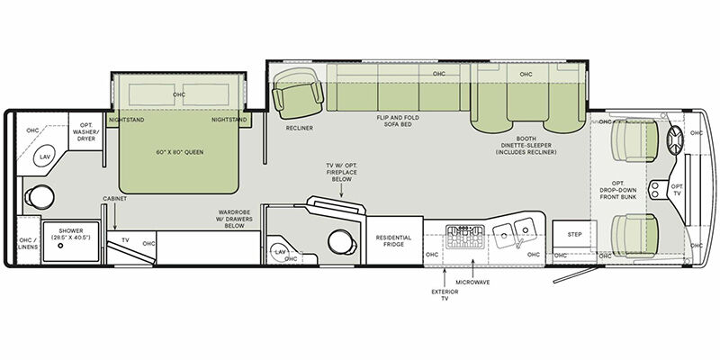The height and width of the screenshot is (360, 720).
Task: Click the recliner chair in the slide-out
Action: click(298, 94)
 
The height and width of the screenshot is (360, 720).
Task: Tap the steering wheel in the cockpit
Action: click(674, 139)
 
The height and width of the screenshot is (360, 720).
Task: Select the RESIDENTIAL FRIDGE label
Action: click(393, 241)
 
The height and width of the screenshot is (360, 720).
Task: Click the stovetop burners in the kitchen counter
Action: click(464, 237)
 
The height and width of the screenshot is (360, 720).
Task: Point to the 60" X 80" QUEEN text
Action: click(179, 152)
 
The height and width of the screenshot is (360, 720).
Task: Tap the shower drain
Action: click(60, 246)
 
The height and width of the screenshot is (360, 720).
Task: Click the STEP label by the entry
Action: click(574, 235)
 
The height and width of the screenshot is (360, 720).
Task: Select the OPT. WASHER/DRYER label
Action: click(85, 132)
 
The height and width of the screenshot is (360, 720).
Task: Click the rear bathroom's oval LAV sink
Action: click(44, 156)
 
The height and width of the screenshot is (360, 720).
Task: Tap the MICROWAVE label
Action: click(472, 282)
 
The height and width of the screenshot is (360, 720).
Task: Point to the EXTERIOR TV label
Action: click(445, 295)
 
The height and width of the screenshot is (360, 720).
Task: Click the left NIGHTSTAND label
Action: click(126, 121)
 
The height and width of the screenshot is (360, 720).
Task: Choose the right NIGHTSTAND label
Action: click(229, 121)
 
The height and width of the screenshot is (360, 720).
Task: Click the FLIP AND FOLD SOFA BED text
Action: click(398, 121)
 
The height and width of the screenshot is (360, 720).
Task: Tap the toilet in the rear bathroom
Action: click(39, 196)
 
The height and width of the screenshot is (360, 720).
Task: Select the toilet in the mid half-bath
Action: click(343, 241)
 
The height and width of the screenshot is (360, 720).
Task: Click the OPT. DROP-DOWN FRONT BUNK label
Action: click(618, 187)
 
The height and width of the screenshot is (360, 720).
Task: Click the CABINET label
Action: click(115, 199)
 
